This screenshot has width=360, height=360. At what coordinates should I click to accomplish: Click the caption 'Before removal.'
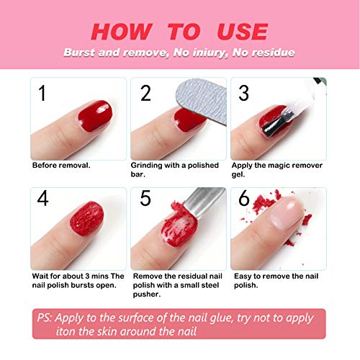pyautogui.click(x=61, y=165)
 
